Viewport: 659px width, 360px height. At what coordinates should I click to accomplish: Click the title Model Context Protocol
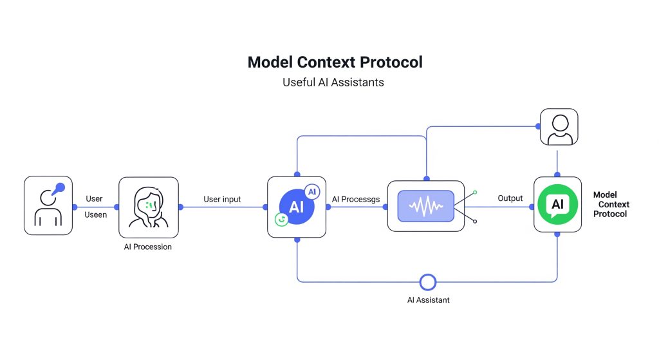pyautogui.click(x=335, y=62)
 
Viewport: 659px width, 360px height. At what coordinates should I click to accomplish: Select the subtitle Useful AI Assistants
pyautogui.click(x=333, y=83)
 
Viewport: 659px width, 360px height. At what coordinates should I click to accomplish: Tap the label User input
pyautogui.click(x=222, y=200)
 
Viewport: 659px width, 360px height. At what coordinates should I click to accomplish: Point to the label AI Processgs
pyautogui.click(x=355, y=200)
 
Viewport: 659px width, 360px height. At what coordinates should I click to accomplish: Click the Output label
pyautogui.click(x=510, y=198)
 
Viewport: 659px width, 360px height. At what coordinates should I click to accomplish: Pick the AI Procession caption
pyautogui.click(x=148, y=247)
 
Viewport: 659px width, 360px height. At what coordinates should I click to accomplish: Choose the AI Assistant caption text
pyautogui.click(x=428, y=299)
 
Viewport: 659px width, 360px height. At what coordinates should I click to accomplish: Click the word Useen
pyautogui.click(x=95, y=214)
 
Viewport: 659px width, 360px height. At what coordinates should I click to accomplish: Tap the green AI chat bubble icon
pyautogui.click(x=557, y=204)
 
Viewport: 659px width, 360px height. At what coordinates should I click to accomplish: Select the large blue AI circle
pyautogui.click(x=296, y=207)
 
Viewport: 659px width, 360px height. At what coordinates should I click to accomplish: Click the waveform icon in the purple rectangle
pyautogui.click(x=425, y=207)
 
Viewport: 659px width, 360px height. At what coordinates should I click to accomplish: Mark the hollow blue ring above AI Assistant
pyautogui.click(x=427, y=282)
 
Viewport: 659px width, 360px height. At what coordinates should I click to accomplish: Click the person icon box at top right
pyautogui.click(x=559, y=127)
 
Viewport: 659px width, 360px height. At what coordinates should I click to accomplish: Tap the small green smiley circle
pyautogui.click(x=281, y=220)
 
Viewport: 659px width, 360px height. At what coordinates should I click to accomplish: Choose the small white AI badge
pyautogui.click(x=312, y=192)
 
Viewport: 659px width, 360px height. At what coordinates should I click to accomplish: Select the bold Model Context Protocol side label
pyautogui.click(x=611, y=204)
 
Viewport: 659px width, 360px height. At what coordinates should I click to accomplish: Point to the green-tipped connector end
pyautogui.click(x=475, y=192)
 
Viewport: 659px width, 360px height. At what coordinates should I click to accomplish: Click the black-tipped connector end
pyautogui.click(x=475, y=222)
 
